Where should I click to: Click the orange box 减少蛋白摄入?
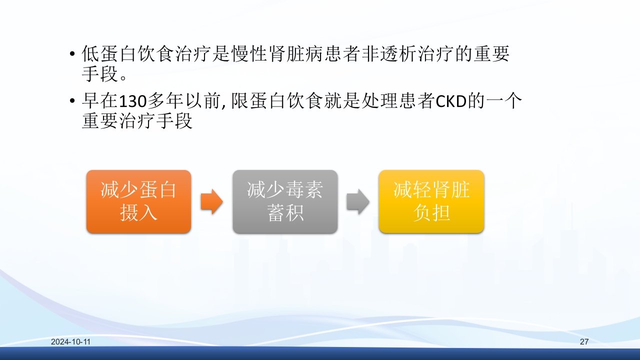coord(138,201)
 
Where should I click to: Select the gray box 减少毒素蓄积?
coord(285,201)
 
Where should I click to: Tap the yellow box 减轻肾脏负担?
coord(431,201)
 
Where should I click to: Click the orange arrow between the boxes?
coord(211,201)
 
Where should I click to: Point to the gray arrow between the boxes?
coord(357,201)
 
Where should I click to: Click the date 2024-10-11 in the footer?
coord(70,342)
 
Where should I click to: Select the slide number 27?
coord(584,342)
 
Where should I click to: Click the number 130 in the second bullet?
coord(132,102)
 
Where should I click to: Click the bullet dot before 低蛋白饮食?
coord(73,54)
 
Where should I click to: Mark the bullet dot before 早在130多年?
coord(73,102)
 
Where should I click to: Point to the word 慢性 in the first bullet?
coord(249,54)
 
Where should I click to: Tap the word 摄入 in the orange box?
coord(138,213)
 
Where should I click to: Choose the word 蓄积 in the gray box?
coord(285,213)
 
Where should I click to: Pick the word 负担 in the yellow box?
coord(431,213)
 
